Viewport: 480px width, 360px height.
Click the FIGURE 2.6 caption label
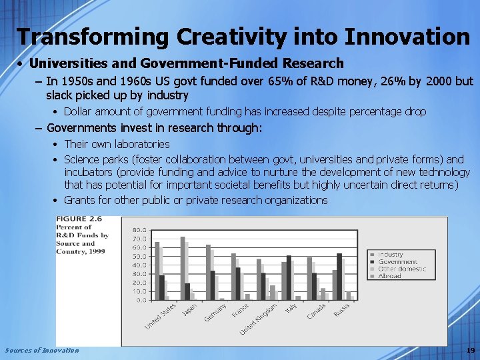click(79, 219)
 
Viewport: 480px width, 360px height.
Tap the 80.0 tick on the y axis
click(139, 230)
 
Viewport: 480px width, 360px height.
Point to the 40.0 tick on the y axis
click(139, 265)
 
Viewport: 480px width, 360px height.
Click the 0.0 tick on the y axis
click(141, 300)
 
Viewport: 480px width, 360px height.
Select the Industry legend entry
click(390, 255)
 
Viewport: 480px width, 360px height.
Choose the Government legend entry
click(397, 262)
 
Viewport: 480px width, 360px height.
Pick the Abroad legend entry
click(389, 276)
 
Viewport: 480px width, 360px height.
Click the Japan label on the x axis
click(189, 310)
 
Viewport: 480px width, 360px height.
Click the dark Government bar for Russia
click(339, 277)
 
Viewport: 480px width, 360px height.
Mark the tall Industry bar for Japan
click(183, 268)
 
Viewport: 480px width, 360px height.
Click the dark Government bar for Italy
click(288, 277)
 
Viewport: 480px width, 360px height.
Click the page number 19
click(470, 351)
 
